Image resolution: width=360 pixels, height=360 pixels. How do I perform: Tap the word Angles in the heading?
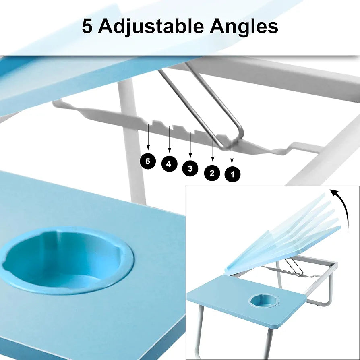pos(244,27)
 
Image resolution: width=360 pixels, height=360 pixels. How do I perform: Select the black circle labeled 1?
pos(233,174)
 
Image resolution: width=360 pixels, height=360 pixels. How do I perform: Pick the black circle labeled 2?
pos(212,173)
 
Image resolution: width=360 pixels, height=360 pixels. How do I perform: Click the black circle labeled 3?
pos(190,168)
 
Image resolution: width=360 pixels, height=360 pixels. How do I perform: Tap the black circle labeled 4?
pos(169,164)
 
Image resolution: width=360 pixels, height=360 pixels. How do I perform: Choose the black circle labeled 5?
pos(148,161)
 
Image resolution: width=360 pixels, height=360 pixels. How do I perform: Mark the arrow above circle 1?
pos(232,149)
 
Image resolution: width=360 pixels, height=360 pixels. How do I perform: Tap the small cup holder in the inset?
pos(261,300)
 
